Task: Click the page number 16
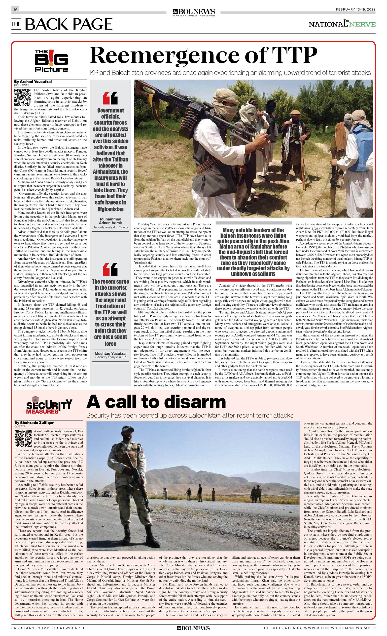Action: (x=15, y=9)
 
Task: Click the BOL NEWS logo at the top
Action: (x=194, y=12)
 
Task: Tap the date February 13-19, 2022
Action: (x=355, y=9)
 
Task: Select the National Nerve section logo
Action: (x=342, y=24)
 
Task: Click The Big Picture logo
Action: (x=51, y=61)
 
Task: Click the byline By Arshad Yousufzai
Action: (x=33, y=82)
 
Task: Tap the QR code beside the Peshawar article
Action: (x=23, y=97)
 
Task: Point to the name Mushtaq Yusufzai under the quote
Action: (x=110, y=353)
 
